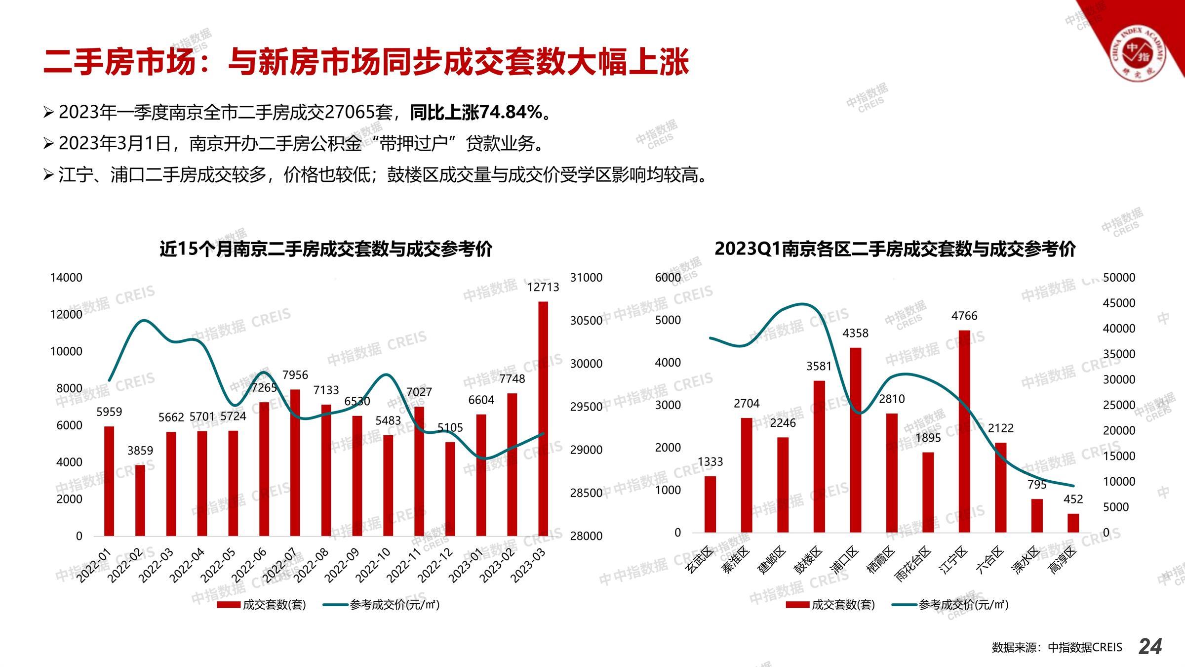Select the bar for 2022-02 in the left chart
(x=140, y=500)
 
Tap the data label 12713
(x=543, y=287)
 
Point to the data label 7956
(x=295, y=375)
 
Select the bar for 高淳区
(x=1073, y=523)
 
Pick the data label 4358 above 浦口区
(x=855, y=333)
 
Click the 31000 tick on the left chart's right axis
(x=586, y=278)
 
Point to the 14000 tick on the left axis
(x=66, y=278)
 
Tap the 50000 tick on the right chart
(x=1119, y=278)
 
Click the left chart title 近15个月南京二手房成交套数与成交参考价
(x=326, y=249)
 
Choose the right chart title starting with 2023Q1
(x=895, y=249)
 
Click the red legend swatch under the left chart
(x=229, y=605)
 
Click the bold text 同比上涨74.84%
(x=476, y=113)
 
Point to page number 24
(x=1150, y=646)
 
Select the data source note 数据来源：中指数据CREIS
(x=1057, y=647)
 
